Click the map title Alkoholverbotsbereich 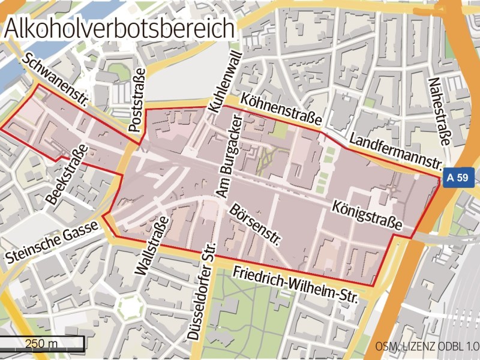pyautogui.click(x=118, y=28)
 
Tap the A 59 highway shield pyautogui.click(x=457, y=178)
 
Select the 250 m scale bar pyautogui.click(x=41, y=344)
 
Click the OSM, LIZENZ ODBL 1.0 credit pyautogui.click(x=427, y=347)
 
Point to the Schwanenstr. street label pyautogui.click(x=55, y=80)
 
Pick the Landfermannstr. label pyautogui.click(x=395, y=151)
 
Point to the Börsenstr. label pyautogui.click(x=255, y=225)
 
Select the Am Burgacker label pyautogui.click(x=230, y=158)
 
